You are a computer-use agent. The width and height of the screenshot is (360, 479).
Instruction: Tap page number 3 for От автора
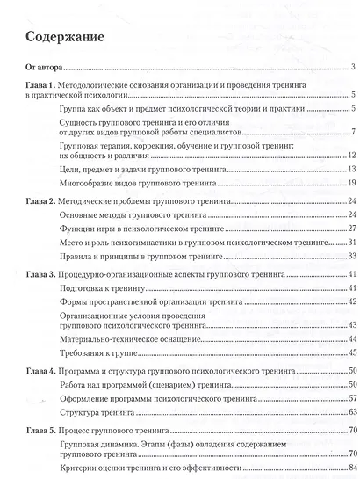[350, 68]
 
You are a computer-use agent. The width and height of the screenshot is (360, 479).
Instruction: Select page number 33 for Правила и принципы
[349, 254]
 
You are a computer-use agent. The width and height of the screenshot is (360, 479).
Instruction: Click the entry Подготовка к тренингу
[99, 287]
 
